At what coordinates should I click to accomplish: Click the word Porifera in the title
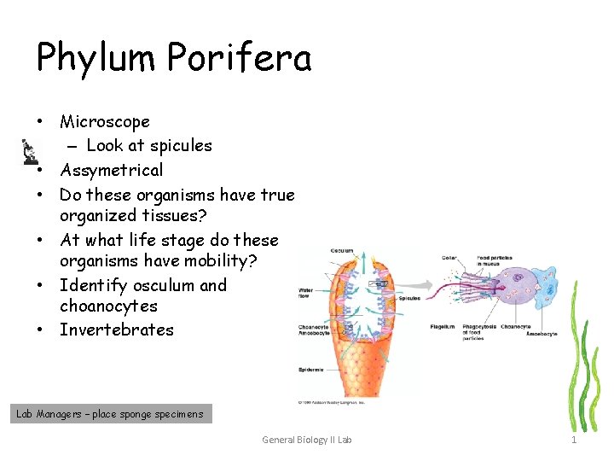tap(240, 57)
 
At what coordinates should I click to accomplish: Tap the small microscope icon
tap(30, 151)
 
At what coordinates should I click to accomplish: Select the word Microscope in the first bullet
tap(104, 122)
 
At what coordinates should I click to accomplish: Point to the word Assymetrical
tap(111, 170)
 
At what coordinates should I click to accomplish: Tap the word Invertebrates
tap(116, 330)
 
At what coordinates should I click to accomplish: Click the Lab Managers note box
tap(110, 414)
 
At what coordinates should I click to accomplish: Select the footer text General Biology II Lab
tap(306, 440)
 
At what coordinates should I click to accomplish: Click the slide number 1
tap(574, 440)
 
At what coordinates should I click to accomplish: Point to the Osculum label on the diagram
tap(343, 250)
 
